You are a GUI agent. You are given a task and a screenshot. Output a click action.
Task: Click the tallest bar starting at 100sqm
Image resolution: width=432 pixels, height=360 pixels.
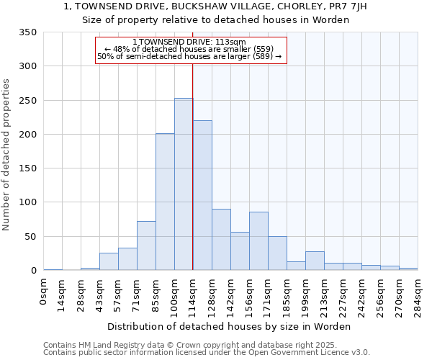(x=184, y=184)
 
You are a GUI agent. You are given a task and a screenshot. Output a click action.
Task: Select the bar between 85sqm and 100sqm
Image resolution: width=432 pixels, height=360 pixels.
(x=165, y=202)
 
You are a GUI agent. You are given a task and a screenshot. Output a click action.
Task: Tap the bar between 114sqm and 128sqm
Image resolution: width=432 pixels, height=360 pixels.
(x=202, y=195)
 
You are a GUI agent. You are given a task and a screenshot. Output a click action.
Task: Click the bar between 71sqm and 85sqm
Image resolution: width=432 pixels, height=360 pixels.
(x=146, y=246)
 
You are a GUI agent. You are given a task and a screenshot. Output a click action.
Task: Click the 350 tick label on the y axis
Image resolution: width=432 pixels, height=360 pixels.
(x=27, y=32)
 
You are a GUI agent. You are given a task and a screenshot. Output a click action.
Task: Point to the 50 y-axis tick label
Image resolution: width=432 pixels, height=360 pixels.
(x=30, y=237)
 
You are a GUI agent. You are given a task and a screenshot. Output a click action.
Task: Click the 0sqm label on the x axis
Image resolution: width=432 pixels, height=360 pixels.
(x=44, y=292)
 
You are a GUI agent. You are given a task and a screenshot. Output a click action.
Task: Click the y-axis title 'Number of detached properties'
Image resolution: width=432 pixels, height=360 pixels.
(x=7, y=156)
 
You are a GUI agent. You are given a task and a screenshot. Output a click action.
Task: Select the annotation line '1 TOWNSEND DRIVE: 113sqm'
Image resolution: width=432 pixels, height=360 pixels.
(x=190, y=42)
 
